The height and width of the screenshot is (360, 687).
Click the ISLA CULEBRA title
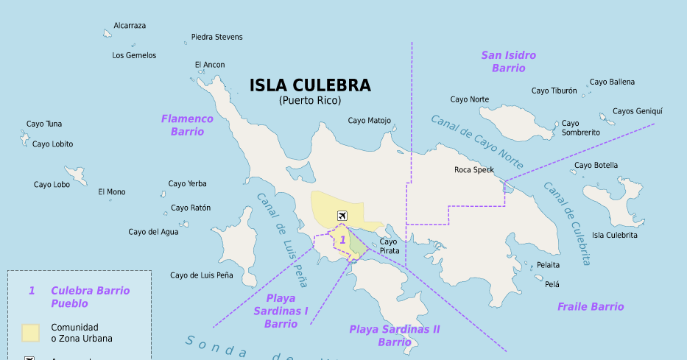click(x=310, y=85)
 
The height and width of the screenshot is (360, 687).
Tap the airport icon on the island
click(x=342, y=215)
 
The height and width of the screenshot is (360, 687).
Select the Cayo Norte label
click(x=469, y=99)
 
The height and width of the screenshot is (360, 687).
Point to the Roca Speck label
click(x=474, y=170)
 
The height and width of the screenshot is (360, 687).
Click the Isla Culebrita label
click(x=615, y=235)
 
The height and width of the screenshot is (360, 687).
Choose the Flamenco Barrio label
click(x=187, y=125)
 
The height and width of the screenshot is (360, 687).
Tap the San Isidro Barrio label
click(x=509, y=61)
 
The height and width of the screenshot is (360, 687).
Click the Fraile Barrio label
click(x=591, y=306)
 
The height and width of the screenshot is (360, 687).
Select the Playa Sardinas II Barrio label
click(x=395, y=335)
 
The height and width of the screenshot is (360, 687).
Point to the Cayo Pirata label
click(x=389, y=246)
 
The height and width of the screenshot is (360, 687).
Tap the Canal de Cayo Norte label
click(x=477, y=141)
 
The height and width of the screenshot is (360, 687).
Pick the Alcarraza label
click(x=130, y=26)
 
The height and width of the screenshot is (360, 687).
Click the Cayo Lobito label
click(x=53, y=144)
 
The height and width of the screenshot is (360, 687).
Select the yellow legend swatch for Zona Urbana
click(x=30, y=333)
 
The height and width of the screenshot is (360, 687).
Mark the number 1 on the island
click(x=342, y=240)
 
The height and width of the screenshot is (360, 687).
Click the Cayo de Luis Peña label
click(x=201, y=275)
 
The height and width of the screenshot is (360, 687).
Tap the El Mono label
click(x=112, y=192)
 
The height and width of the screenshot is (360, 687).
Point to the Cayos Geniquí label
click(x=638, y=111)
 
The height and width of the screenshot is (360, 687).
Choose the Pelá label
click(x=552, y=283)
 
